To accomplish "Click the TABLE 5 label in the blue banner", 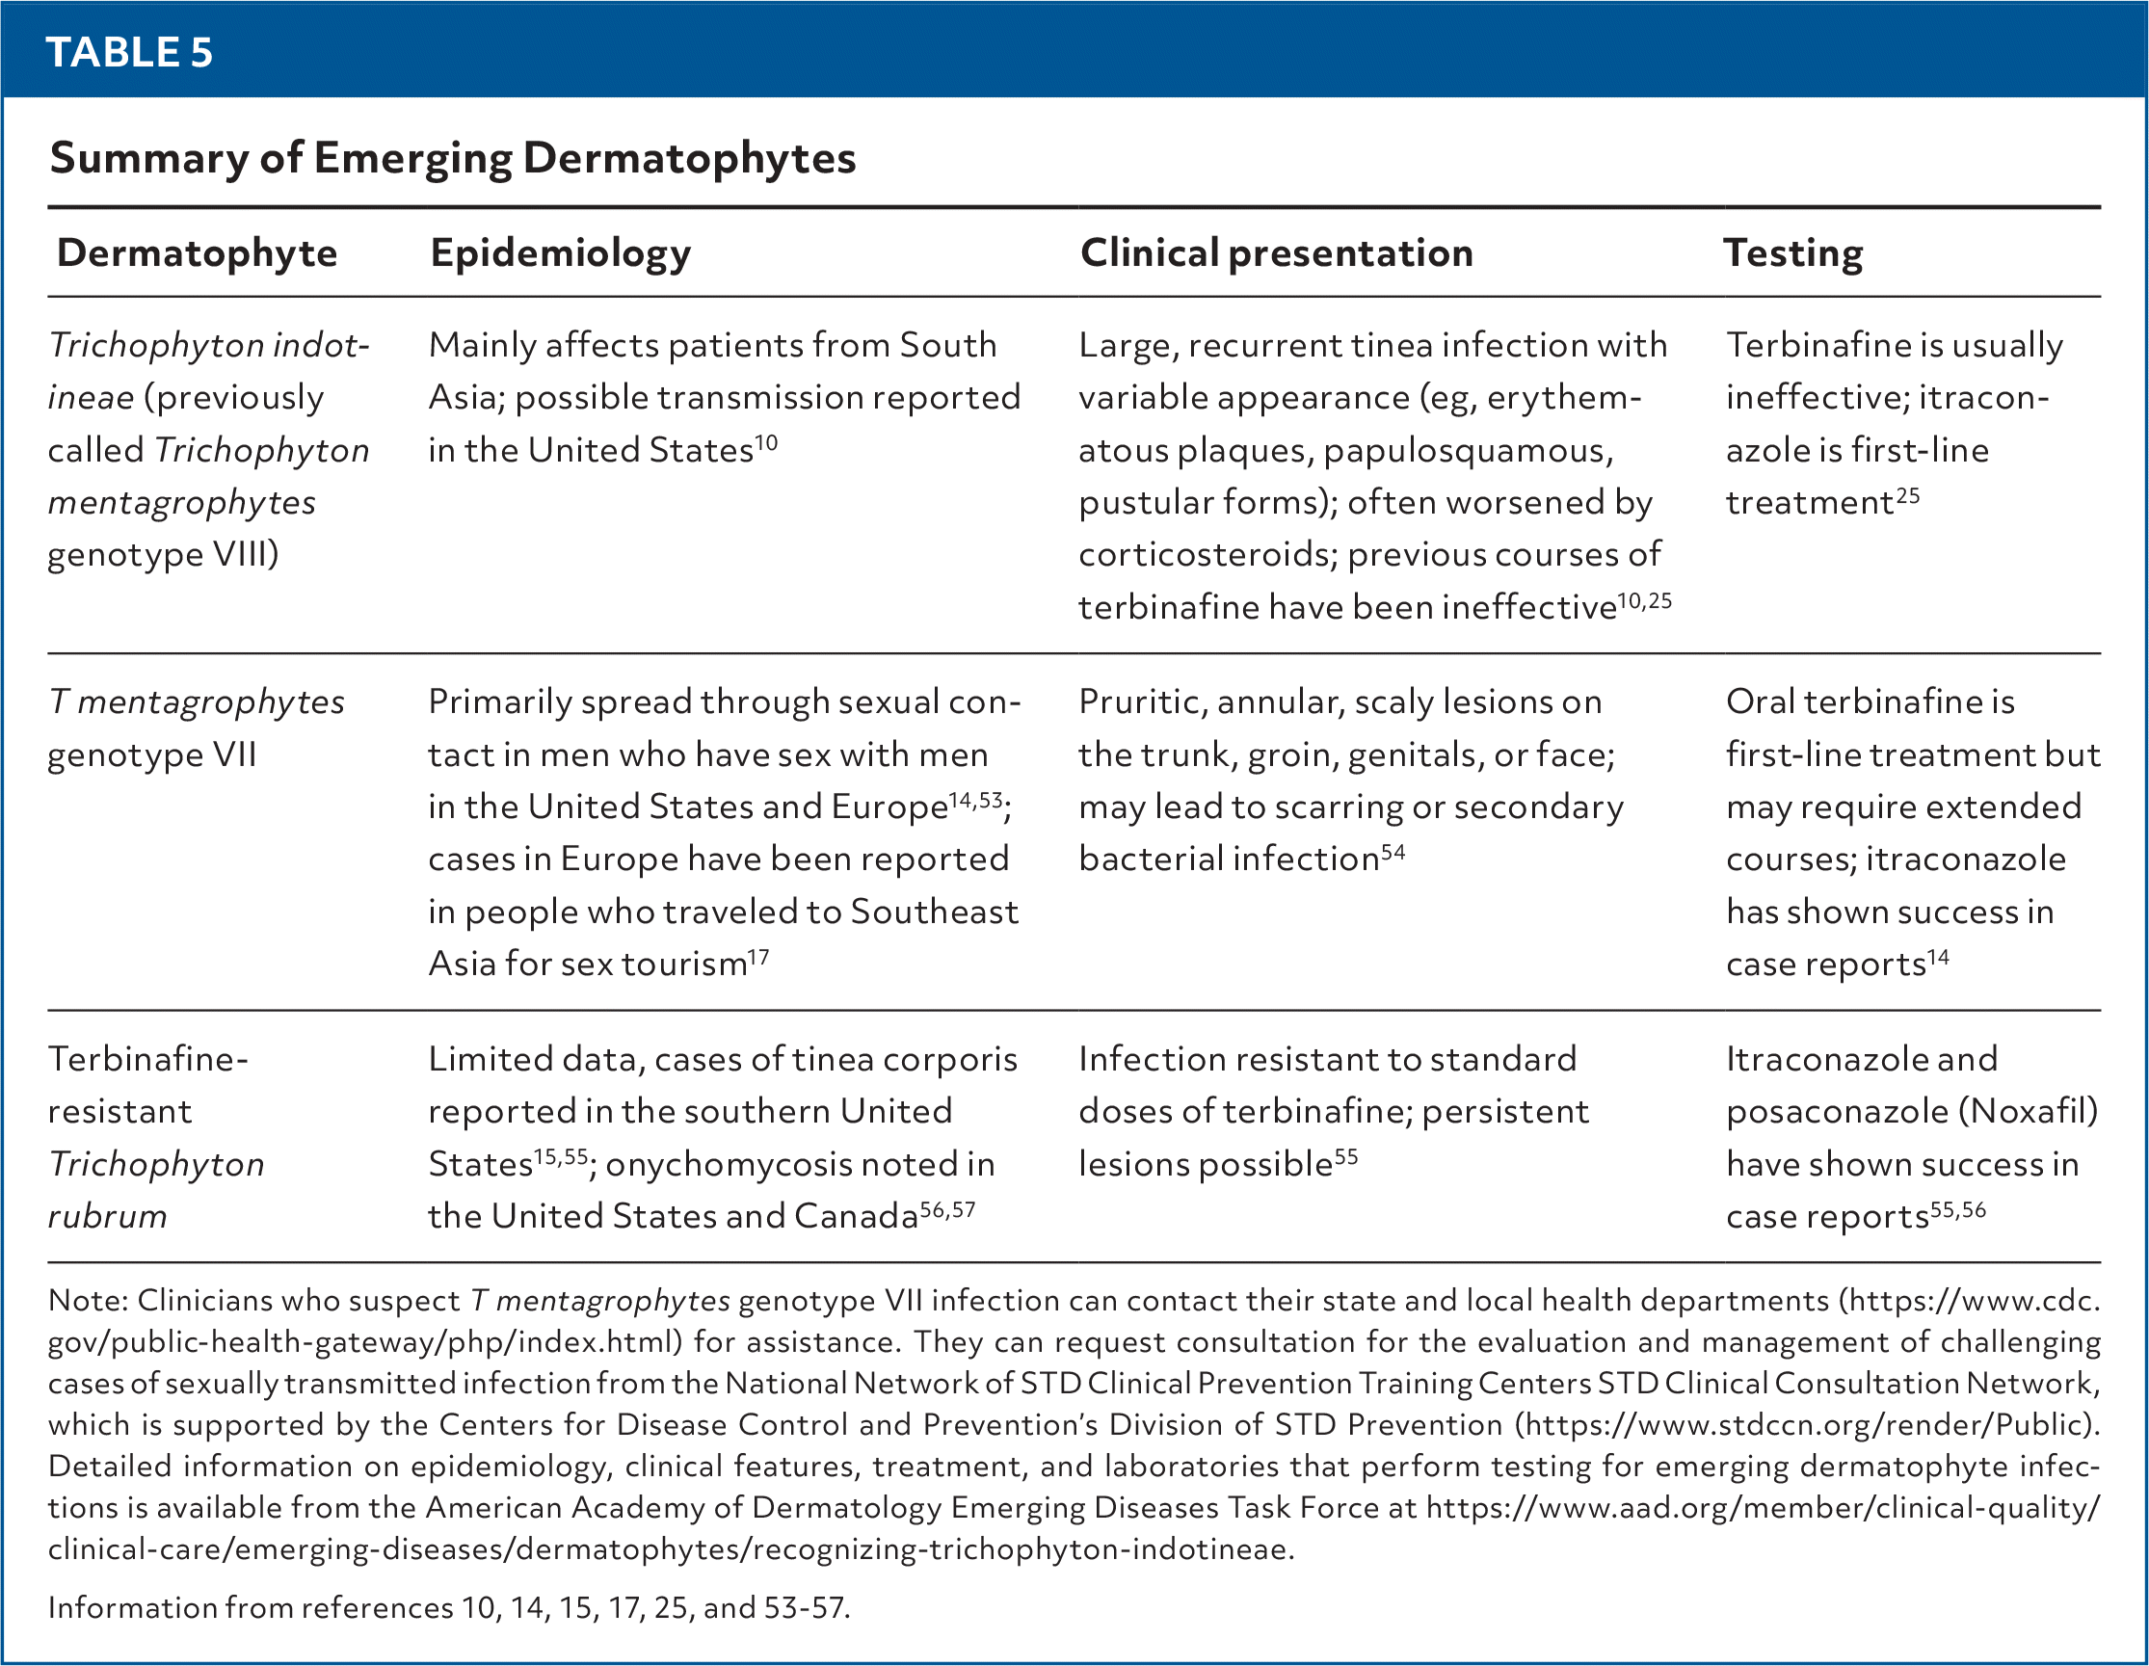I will click(x=129, y=52).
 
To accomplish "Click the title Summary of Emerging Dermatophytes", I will click(x=453, y=157).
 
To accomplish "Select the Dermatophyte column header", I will click(x=197, y=252).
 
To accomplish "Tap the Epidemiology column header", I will click(x=560, y=252).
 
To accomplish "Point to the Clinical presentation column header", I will click(x=1276, y=252).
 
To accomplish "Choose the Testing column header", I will click(x=1792, y=252).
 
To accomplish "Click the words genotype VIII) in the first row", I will click(x=163, y=555).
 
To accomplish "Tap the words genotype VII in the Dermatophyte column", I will click(x=151, y=754).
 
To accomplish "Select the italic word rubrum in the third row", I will click(x=107, y=1216).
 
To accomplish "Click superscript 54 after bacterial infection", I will click(x=1393, y=851).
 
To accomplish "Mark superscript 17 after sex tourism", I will click(x=757, y=956).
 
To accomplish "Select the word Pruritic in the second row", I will click(x=1141, y=701).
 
